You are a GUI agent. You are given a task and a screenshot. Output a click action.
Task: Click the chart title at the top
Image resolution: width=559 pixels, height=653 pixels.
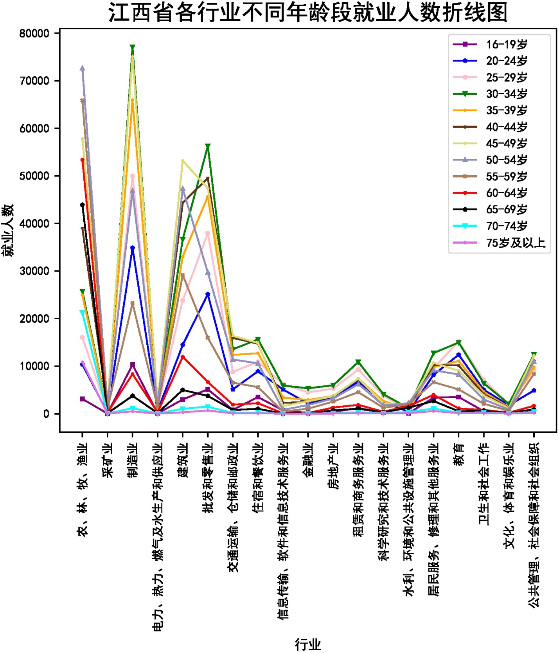tap(308, 13)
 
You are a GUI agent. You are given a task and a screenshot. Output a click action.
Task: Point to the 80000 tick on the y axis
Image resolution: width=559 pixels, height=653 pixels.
tap(34, 33)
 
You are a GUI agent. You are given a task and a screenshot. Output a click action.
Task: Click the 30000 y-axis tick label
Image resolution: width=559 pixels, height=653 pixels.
tap(34, 271)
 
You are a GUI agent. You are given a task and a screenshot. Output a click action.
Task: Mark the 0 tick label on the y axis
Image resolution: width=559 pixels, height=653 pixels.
tap(46, 414)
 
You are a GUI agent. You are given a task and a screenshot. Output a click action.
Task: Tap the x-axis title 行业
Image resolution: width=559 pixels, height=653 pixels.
tap(308, 644)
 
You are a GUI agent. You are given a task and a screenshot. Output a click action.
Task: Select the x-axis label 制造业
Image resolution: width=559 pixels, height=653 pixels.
tap(133, 460)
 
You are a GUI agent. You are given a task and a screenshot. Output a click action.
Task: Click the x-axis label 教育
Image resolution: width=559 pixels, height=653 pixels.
tap(458, 454)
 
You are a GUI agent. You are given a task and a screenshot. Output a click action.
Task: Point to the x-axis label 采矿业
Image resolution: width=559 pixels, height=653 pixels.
tap(108, 460)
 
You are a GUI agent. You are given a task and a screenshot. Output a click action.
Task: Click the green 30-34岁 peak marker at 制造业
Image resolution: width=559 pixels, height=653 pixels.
tap(133, 47)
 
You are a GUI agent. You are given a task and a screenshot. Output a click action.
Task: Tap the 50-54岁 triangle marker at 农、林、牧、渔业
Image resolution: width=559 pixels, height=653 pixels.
tap(82, 68)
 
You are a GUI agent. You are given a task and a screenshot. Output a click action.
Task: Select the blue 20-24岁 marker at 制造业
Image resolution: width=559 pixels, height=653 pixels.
tap(133, 248)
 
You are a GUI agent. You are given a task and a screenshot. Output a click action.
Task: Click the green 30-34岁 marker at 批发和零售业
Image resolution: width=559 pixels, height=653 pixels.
tap(208, 146)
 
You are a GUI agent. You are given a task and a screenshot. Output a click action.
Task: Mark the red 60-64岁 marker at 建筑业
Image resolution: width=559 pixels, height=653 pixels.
tap(183, 357)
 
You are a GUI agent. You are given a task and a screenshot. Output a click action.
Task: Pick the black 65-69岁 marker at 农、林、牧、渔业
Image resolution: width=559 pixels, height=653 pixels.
tap(82, 205)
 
